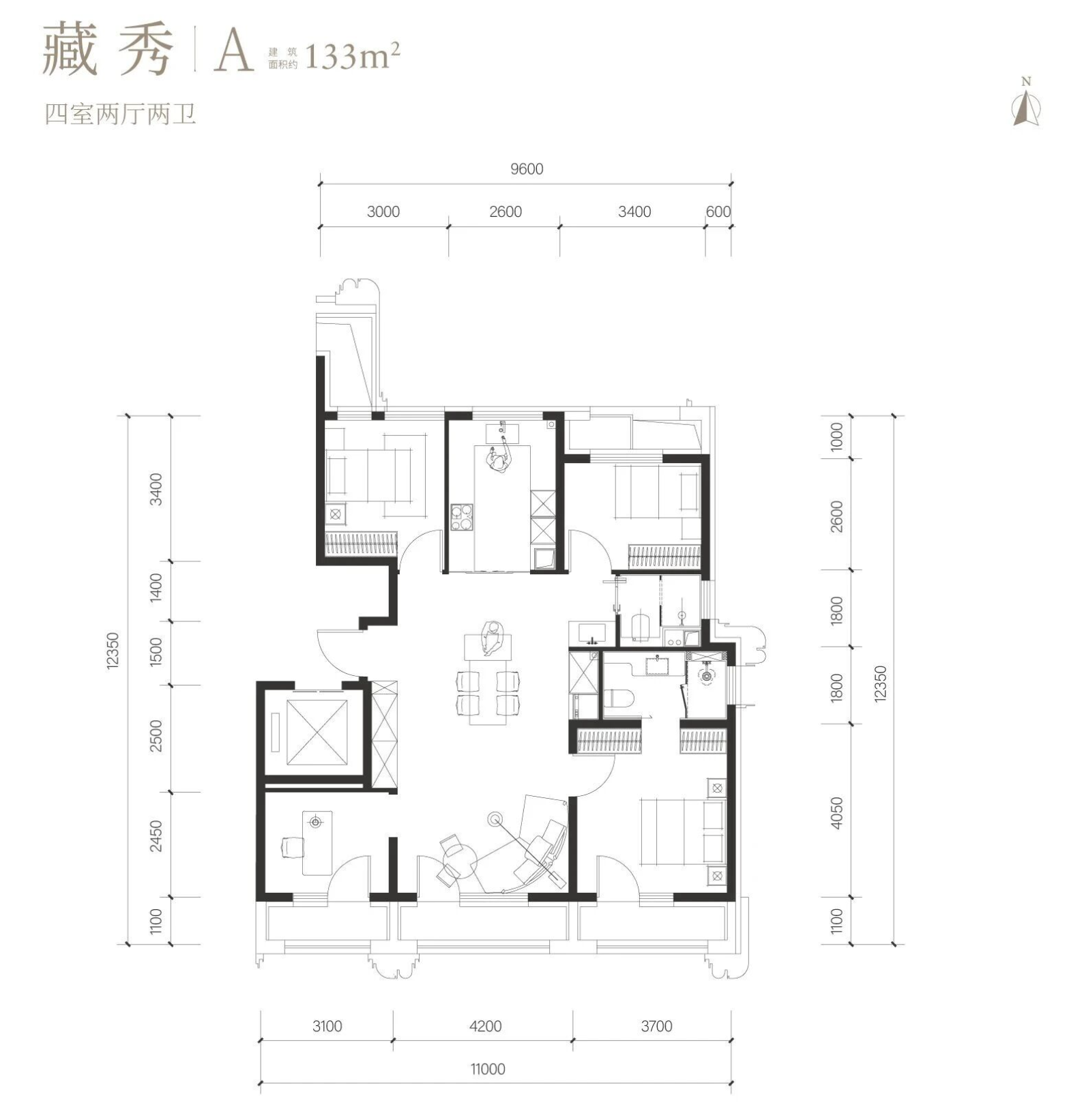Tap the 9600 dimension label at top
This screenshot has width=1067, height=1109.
click(527, 169)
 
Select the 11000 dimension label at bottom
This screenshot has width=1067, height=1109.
click(488, 1069)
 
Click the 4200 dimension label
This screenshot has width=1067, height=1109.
click(486, 1026)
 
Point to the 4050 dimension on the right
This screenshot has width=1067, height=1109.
click(837, 812)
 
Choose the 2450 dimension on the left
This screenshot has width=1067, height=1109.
click(157, 835)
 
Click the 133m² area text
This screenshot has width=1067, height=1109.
click(352, 56)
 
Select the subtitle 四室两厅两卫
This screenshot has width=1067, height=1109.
click(120, 114)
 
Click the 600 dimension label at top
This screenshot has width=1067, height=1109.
click(718, 211)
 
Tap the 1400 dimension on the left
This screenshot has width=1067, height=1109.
click(157, 587)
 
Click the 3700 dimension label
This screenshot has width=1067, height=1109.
click(656, 1026)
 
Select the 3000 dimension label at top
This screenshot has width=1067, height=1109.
click(383, 211)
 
